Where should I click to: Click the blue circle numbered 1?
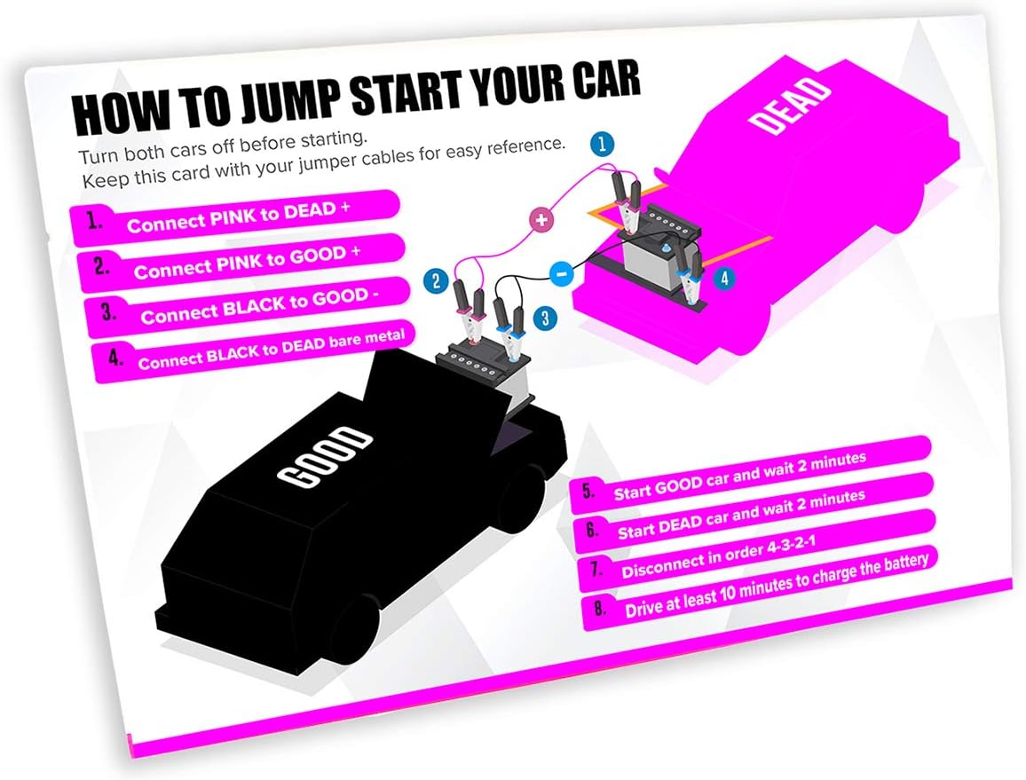tap(602, 144)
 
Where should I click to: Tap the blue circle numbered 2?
tap(435, 281)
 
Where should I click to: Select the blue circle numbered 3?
tap(545, 319)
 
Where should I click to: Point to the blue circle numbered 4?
tap(724, 279)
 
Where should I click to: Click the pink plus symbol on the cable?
tap(541, 220)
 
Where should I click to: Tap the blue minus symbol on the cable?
tap(561, 273)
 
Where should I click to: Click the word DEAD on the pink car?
tap(790, 106)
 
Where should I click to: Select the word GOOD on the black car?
tap(324, 457)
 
